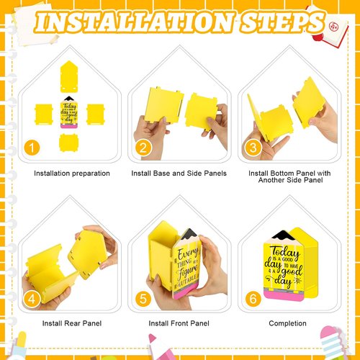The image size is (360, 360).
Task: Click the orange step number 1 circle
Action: [30, 148]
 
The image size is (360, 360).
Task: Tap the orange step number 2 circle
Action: [143, 148]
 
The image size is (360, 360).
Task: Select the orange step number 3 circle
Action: [253, 148]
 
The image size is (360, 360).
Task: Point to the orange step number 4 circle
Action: [30, 298]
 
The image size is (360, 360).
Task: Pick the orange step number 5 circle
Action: [143, 298]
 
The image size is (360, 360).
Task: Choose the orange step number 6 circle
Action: [253, 298]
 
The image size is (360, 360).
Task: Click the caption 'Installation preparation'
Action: [72, 174]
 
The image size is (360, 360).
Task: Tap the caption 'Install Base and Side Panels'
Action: [179, 174]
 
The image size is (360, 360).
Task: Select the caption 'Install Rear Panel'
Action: [72, 323]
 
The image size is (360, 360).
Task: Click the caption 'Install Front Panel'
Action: [179, 323]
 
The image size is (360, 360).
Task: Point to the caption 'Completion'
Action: [288, 323]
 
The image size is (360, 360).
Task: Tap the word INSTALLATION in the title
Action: [131, 22]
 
